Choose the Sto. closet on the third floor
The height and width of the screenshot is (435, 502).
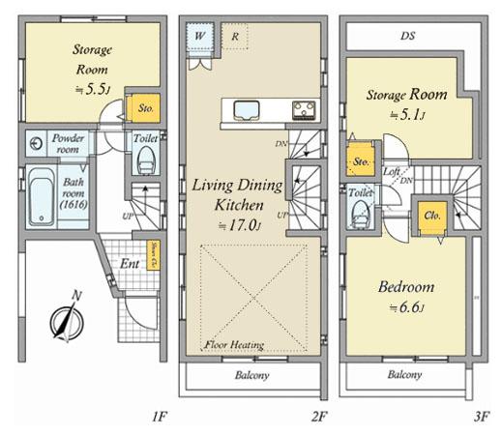tap(363, 160)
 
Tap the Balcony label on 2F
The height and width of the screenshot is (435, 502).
tap(251, 375)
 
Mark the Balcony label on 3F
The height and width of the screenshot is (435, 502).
tap(406, 375)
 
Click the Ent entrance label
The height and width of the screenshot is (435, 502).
tap(129, 262)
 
